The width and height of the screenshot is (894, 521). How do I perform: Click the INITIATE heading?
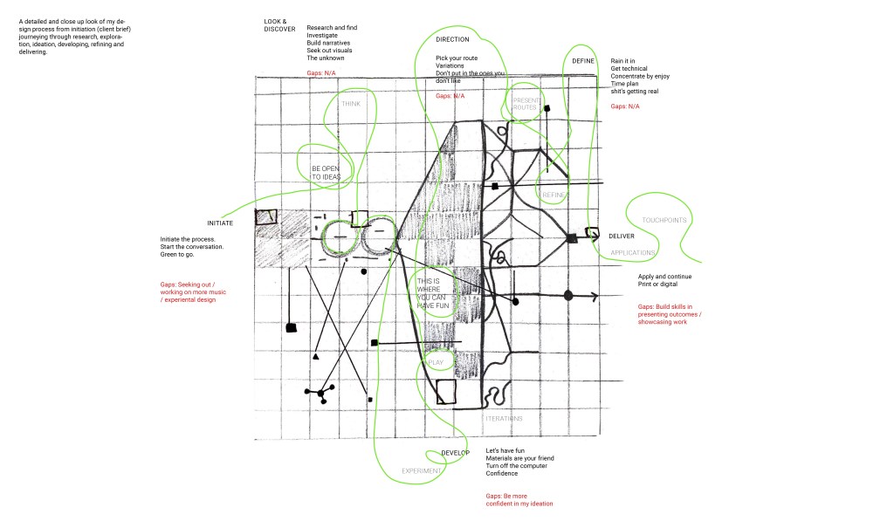tap(219, 223)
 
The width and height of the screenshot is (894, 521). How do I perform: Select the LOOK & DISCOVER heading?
tap(279, 24)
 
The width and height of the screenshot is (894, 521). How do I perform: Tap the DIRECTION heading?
tap(452, 39)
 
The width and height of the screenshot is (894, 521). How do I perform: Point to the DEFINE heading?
tap(582, 61)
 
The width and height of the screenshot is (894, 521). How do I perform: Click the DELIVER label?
tap(621, 237)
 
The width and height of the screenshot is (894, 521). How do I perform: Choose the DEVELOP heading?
tap(456, 453)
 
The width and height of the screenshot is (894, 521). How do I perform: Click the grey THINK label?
tap(351, 103)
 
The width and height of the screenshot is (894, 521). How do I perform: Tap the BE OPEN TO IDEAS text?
tap(326, 172)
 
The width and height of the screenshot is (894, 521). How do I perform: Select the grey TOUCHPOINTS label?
tap(664, 220)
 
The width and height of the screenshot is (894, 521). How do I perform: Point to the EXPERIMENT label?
tap(420, 471)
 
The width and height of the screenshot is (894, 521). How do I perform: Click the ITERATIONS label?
tap(504, 418)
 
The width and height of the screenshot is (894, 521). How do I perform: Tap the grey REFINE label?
tap(555, 195)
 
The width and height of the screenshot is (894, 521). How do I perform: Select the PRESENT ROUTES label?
tap(526, 104)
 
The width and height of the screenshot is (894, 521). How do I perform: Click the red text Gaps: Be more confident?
tap(519, 499)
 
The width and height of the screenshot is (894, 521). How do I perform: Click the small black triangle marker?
tap(315, 358)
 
